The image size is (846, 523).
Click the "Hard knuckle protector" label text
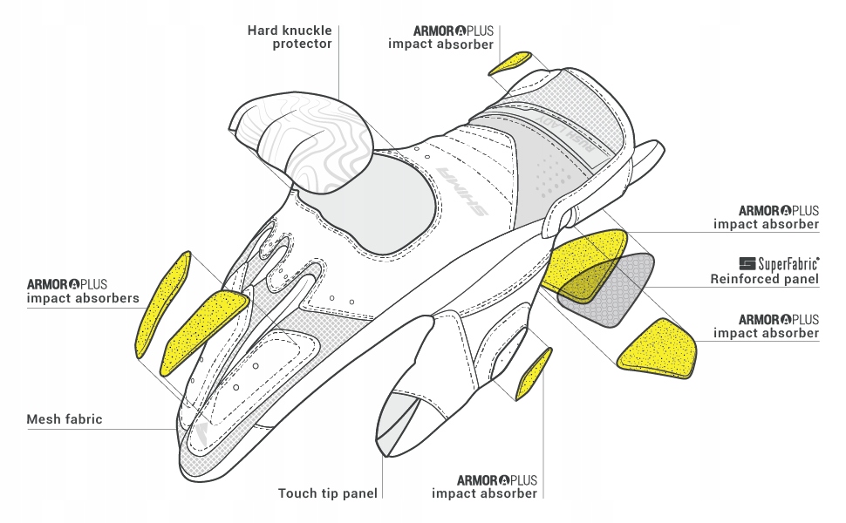click(290, 37)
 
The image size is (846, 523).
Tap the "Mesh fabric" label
click(65, 419)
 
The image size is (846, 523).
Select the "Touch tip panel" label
click(328, 493)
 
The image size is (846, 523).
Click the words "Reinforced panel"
click(764, 279)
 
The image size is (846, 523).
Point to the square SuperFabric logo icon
click(747, 262)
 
